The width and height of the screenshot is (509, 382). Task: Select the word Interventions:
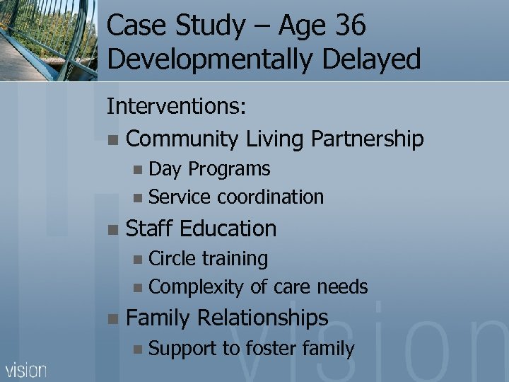pyautogui.click(x=176, y=107)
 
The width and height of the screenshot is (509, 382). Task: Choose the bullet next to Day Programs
pyautogui.click(x=139, y=170)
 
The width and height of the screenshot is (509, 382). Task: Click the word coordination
pyautogui.click(x=270, y=197)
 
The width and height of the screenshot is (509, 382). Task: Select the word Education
pyautogui.click(x=228, y=228)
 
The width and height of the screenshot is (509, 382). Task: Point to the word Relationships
pyautogui.click(x=262, y=318)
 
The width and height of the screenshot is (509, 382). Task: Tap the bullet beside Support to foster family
pyautogui.click(x=139, y=349)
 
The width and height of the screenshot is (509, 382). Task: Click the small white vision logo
pyautogui.click(x=26, y=370)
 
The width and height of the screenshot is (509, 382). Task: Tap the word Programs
pyautogui.click(x=230, y=170)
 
